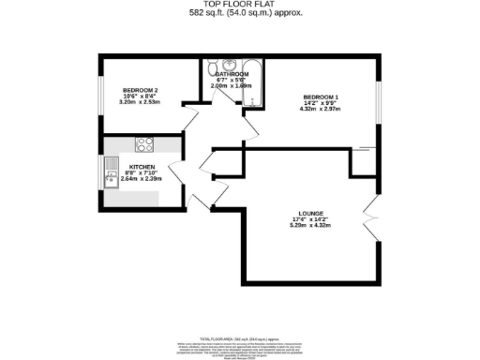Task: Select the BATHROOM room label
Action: (x=232, y=73)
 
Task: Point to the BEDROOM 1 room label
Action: (x=320, y=97)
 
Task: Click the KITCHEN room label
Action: (x=130, y=167)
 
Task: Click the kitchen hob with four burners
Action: (x=145, y=144)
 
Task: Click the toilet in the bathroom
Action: (x=207, y=72)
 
